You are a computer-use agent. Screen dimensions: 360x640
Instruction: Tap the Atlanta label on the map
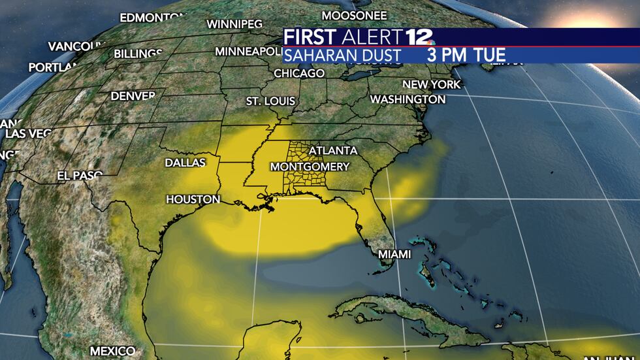(x=333, y=150)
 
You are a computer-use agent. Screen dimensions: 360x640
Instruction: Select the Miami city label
(x=395, y=254)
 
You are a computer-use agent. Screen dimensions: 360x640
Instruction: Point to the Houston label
(x=193, y=199)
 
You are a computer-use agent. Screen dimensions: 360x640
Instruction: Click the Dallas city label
(x=185, y=162)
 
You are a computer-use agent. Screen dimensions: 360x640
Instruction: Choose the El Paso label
(x=80, y=176)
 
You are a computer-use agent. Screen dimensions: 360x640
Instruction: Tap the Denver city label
(x=133, y=95)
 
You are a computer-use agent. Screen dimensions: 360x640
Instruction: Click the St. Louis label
(x=270, y=101)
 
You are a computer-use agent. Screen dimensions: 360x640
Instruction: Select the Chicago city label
(x=298, y=73)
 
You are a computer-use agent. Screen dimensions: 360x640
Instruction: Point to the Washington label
(x=408, y=99)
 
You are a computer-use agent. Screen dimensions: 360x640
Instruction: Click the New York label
(x=431, y=84)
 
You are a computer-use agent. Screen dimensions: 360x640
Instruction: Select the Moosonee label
(x=355, y=14)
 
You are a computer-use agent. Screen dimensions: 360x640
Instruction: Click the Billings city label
(x=138, y=54)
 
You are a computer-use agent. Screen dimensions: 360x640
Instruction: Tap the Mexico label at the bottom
(x=112, y=351)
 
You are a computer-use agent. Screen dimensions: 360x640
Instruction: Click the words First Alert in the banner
(x=342, y=37)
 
